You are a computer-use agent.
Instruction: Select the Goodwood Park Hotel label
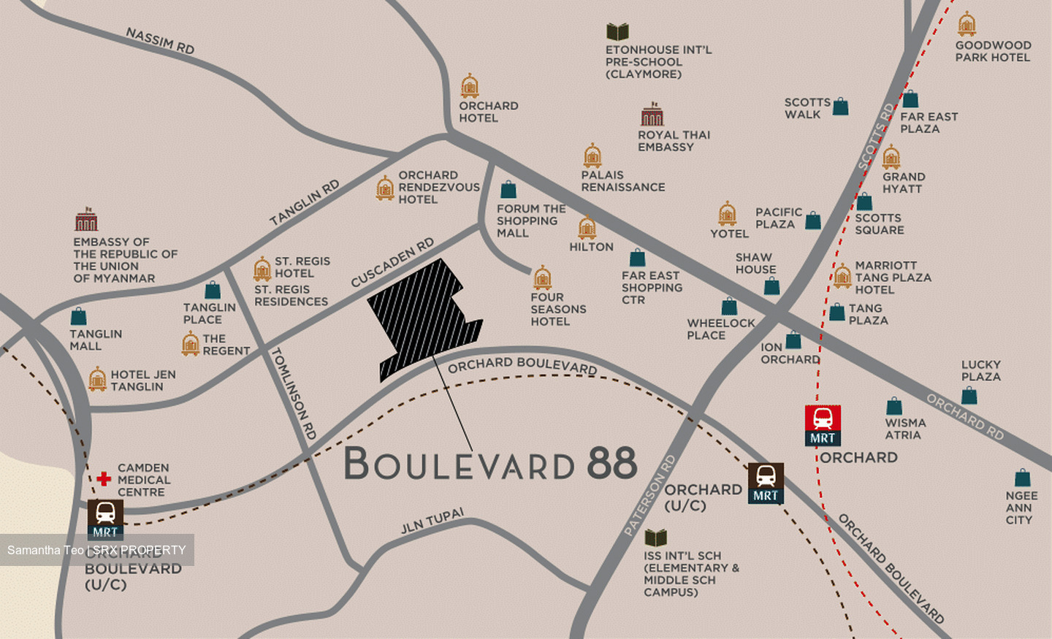point(993,51)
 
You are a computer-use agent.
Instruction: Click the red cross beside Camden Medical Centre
point(104,479)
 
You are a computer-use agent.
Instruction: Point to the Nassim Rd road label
point(160,41)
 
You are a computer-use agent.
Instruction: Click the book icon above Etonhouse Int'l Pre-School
point(617,31)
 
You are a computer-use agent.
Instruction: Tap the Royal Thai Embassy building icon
point(652,115)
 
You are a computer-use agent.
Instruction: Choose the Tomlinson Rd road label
point(294,393)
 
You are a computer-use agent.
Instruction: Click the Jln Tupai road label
point(432,521)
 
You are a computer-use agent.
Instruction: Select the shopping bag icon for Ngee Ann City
point(1022,478)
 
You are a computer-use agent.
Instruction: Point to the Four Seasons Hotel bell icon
point(542,278)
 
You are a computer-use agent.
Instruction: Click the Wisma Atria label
point(904,429)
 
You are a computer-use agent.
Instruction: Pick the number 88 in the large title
point(612,463)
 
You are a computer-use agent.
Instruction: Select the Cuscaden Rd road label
point(392,262)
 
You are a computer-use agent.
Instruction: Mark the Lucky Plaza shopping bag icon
point(969,395)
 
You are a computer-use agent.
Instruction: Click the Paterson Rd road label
point(649,496)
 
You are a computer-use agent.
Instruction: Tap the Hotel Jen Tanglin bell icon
point(97,380)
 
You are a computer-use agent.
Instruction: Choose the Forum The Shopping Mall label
point(530,221)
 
